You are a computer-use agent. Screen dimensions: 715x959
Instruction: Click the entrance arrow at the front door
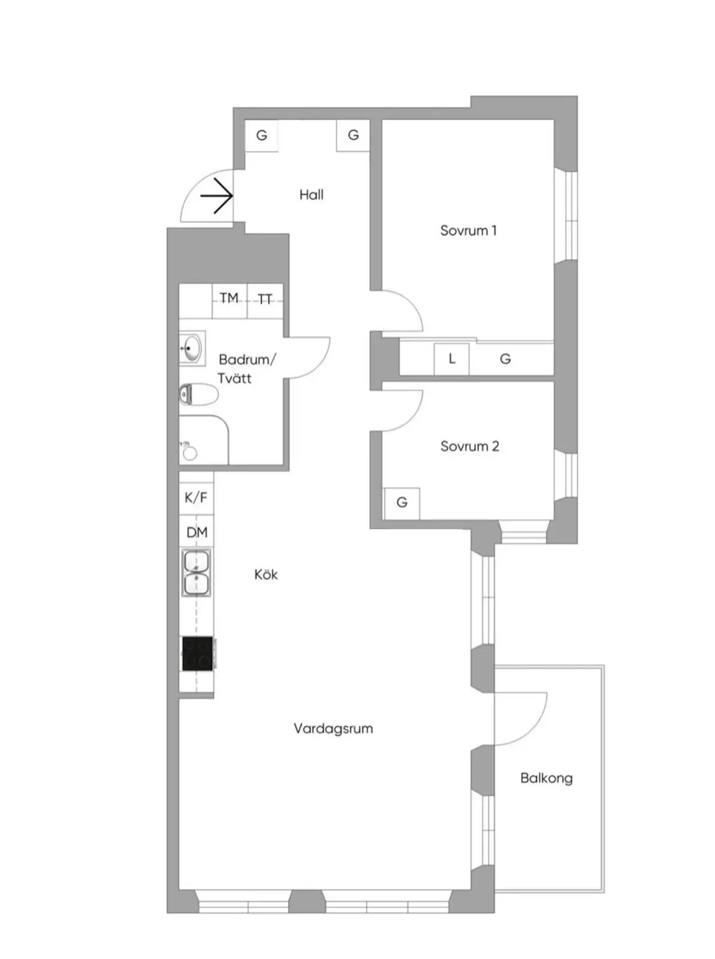216,196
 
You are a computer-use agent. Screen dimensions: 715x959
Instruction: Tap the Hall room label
312,194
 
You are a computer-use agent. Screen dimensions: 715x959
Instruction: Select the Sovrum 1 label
468,230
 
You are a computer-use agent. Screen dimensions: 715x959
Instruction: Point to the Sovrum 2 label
469,446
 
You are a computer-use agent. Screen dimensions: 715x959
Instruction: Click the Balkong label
547,778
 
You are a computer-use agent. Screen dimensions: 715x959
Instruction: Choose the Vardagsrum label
333,728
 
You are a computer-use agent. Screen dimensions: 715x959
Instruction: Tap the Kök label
266,574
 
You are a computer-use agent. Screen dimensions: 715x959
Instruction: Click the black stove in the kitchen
198,653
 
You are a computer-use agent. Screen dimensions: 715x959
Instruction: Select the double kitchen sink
197,572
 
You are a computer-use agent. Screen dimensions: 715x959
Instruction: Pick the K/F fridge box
196,497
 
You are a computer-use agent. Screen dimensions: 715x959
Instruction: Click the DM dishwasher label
197,532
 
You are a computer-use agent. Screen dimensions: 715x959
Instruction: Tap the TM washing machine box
230,301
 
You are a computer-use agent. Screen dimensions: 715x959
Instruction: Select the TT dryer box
265,301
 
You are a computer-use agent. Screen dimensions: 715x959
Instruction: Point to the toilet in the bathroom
199,394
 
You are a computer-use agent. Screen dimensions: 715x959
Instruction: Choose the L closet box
452,358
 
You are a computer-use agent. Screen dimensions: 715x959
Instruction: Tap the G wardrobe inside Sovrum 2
402,503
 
